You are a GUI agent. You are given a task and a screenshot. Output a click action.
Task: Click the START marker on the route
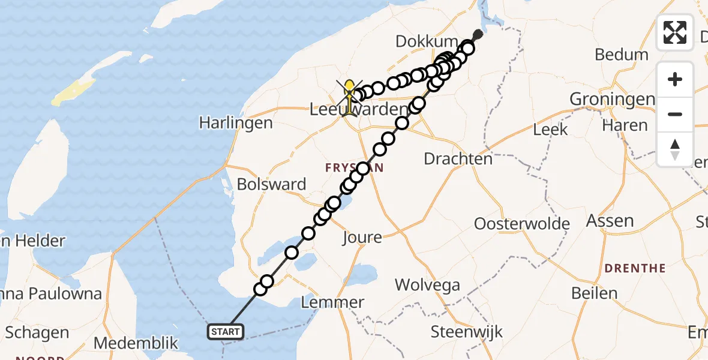tap(226, 331)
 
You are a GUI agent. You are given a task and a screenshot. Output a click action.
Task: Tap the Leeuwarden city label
tap(359, 110)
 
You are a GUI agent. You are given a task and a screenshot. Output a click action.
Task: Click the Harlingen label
tap(236, 122)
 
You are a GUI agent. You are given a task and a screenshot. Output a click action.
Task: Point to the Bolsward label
tap(271, 184)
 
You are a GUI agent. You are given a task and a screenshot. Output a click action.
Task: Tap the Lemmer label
tap(332, 302)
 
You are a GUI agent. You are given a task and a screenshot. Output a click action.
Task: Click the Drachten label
tap(458, 159)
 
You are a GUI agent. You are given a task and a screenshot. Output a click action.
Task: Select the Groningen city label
tap(611, 99)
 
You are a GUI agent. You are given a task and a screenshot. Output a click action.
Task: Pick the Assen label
tap(610, 221)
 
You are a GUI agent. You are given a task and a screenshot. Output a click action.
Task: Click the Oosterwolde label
tap(522, 224)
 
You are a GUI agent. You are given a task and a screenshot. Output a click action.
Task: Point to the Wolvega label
tap(428, 285)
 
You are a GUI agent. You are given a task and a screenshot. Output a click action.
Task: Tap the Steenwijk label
tap(467, 331)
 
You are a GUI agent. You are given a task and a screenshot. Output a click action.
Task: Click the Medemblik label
tap(136, 343)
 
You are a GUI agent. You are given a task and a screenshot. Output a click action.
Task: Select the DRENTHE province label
tap(635, 268)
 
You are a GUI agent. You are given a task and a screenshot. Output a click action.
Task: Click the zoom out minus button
tap(675, 114)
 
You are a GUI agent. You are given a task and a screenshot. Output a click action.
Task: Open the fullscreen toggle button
tap(675, 32)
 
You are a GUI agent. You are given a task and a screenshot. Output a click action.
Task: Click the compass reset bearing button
tap(675, 149)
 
